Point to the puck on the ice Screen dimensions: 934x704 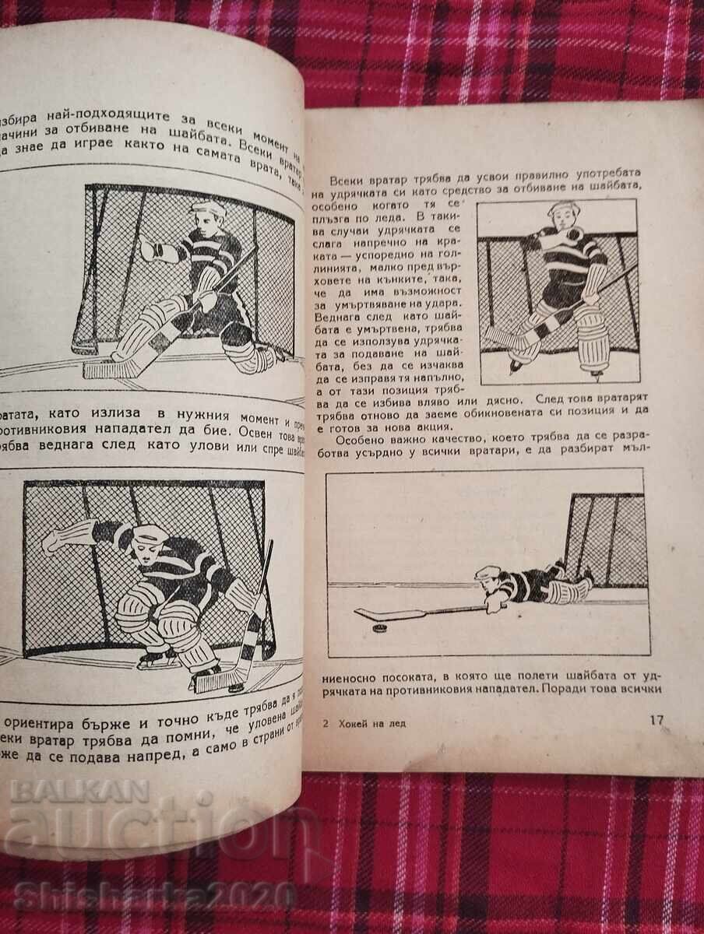coord(379,627)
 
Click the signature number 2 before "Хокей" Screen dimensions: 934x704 coord(325,723)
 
